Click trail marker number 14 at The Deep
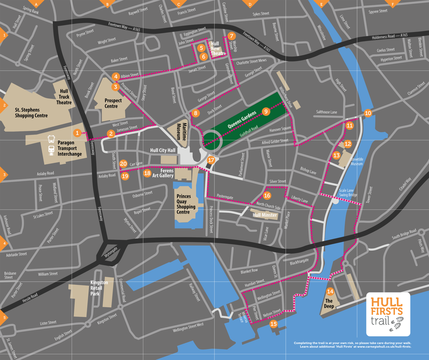coord(330,291)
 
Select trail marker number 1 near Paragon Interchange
coord(77,133)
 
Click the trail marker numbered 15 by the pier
coord(274,324)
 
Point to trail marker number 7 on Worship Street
coord(232,36)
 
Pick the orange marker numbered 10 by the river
coord(368,113)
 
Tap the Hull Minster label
coord(265,215)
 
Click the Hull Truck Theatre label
coord(64,96)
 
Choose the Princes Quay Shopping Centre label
coord(186,204)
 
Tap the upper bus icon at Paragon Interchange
coord(51,139)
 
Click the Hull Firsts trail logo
coord(388,314)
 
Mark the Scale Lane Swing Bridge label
coord(349,193)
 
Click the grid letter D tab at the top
coord(250,4)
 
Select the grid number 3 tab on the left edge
coord(3,175)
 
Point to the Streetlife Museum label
coord(357,162)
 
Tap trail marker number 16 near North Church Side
coord(267,195)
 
